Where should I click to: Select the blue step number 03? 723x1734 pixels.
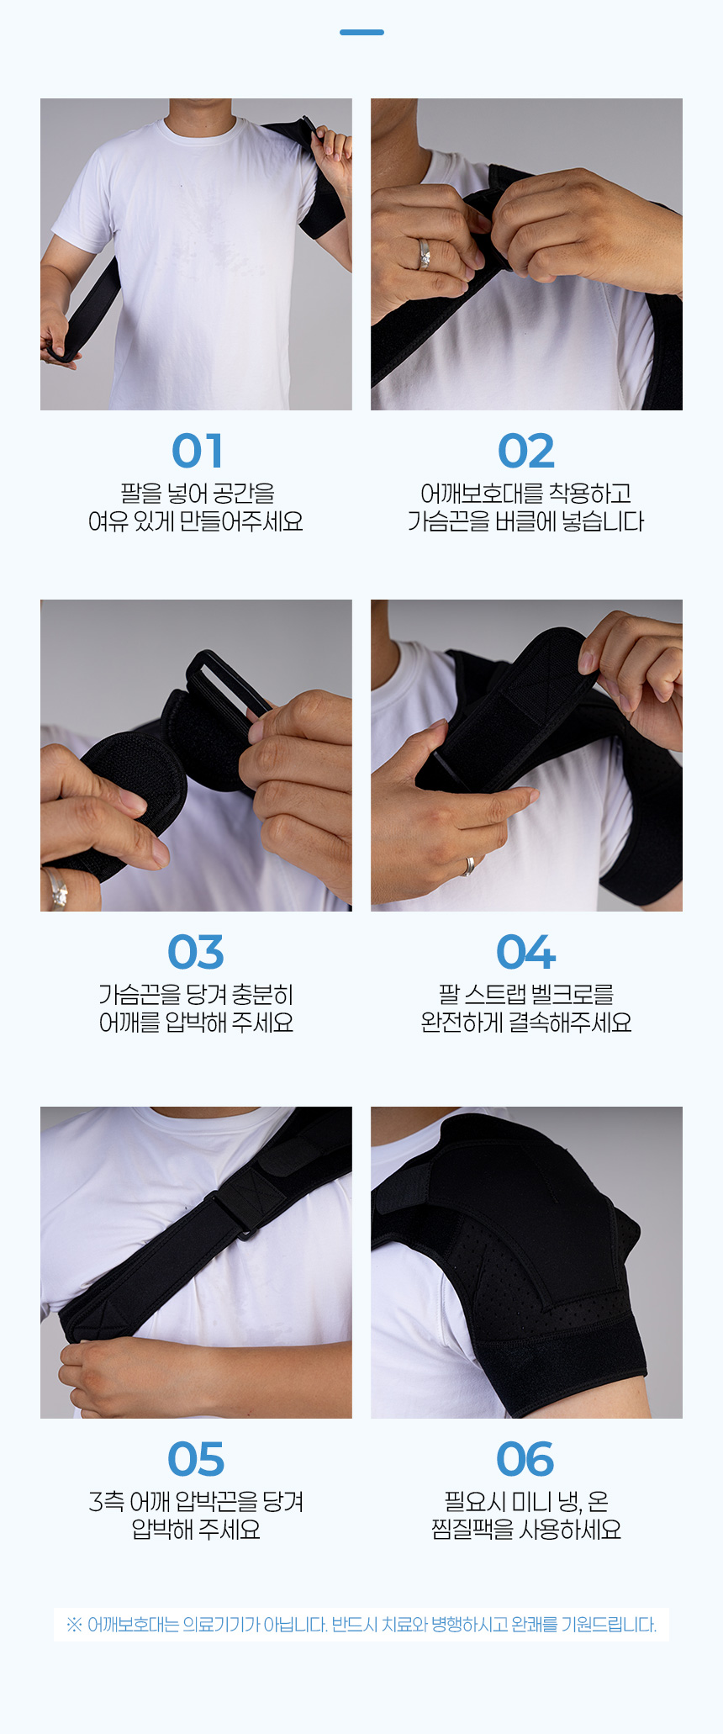tap(196, 952)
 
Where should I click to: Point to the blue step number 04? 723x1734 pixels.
tap(526, 952)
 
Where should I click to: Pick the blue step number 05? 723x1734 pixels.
tap(196, 1459)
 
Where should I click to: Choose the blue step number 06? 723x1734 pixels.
tap(525, 1459)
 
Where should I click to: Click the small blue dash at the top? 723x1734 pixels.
tap(361, 32)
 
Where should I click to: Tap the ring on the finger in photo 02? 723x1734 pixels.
tap(425, 254)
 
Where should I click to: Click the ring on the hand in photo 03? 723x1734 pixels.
tap(55, 889)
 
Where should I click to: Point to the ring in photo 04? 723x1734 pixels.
tap(469, 866)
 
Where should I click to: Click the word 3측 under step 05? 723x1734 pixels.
tap(107, 1502)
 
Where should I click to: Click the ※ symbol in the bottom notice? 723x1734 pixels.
tap(74, 1624)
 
